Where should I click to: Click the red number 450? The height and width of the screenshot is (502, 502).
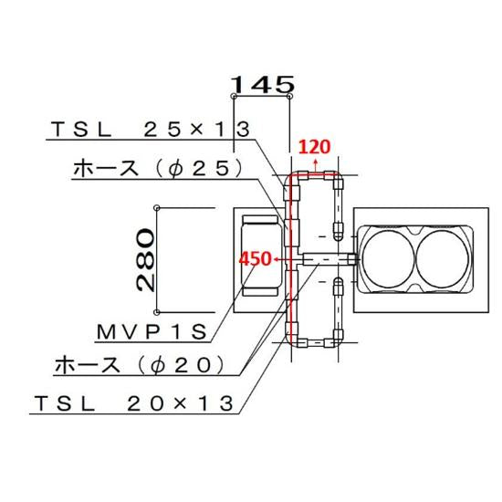click(x=256, y=259)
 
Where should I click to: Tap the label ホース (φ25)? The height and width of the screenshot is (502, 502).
click(x=156, y=168)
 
